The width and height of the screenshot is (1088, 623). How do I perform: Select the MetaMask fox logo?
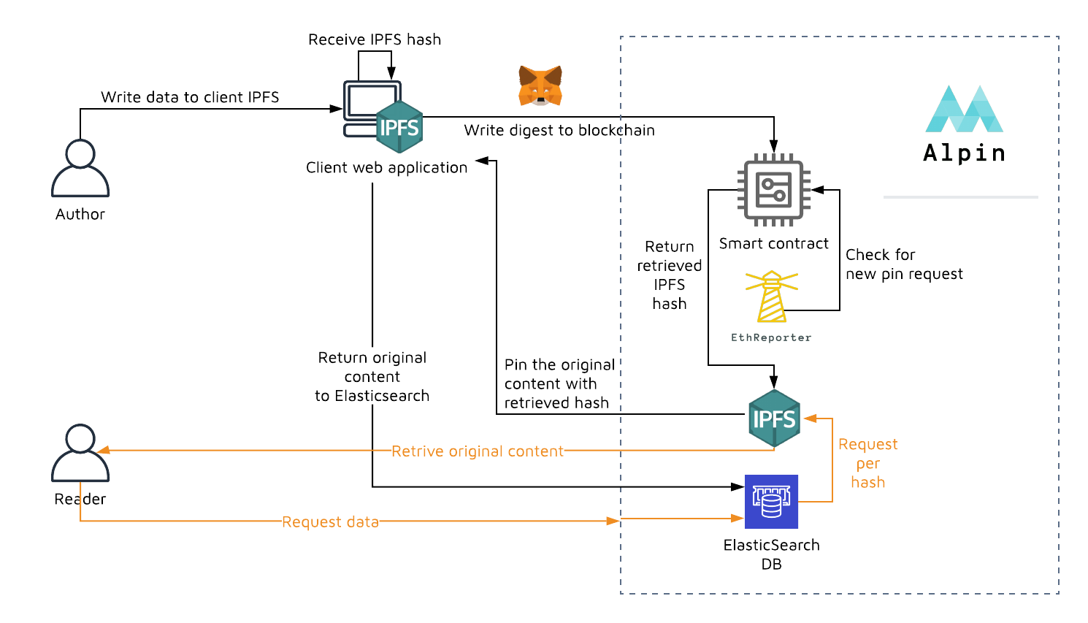click(x=540, y=85)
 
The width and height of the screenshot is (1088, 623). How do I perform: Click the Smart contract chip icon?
click(x=773, y=190)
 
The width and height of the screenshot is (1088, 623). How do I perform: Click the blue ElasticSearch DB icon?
click(x=771, y=502)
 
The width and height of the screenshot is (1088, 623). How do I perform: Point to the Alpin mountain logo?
click(x=964, y=110)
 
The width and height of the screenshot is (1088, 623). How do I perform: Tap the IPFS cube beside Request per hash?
click(x=774, y=418)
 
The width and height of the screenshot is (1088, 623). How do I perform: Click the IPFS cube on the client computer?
click(x=399, y=127)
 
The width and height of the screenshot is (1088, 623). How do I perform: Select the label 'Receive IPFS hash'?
click(x=375, y=39)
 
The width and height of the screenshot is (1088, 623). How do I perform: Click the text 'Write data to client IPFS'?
click(x=190, y=97)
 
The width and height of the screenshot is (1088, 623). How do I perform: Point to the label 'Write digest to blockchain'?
click(x=559, y=130)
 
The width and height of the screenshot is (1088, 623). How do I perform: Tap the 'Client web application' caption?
click(x=386, y=167)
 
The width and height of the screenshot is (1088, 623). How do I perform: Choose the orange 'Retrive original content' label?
click(x=478, y=451)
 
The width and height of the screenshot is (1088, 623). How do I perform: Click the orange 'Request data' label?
click(x=330, y=522)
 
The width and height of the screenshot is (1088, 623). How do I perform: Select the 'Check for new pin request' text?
click(x=904, y=264)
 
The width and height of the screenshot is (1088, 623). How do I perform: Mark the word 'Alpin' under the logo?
click(x=964, y=153)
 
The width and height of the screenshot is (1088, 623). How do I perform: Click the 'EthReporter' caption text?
click(x=771, y=337)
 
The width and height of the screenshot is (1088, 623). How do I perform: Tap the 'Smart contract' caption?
click(x=774, y=243)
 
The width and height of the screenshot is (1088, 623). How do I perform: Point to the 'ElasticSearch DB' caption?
click(x=771, y=554)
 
